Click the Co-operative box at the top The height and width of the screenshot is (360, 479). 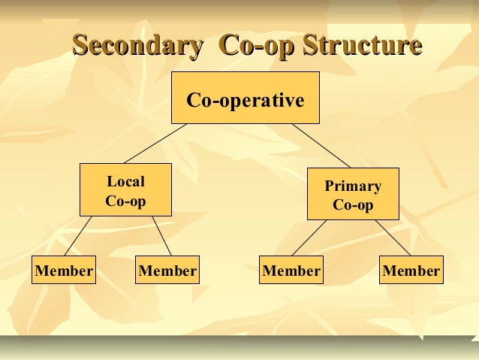pyautogui.click(x=246, y=98)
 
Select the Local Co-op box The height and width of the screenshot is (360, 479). pyautogui.click(x=125, y=189)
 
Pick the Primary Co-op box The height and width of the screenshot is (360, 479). pyautogui.click(x=353, y=194)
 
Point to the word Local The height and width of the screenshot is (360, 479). pyautogui.click(x=125, y=181)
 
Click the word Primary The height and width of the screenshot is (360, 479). pyautogui.click(x=353, y=186)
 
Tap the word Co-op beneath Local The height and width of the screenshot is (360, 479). pyautogui.click(x=125, y=201)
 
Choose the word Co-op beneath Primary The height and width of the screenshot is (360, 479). pyautogui.click(x=353, y=205)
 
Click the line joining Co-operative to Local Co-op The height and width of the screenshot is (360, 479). pyautogui.click(x=156, y=143)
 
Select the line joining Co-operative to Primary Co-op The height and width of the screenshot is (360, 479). pyautogui.click(x=321, y=145)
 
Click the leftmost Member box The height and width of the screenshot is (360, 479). pyautogui.click(x=64, y=271)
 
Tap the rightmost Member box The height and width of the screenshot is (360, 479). pyautogui.click(x=411, y=271)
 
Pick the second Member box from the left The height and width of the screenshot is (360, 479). pyautogui.click(x=168, y=271)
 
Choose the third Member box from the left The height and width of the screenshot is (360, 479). pyautogui.click(x=291, y=271)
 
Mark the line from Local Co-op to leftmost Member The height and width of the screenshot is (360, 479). pyautogui.click(x=78, y=236)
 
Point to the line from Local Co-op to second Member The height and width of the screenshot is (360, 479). pyautogui.click(x=161, y=236)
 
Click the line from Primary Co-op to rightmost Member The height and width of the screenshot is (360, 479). pyautogui.click(x=393, y=237)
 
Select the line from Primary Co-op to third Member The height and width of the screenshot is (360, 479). pyautogui.click(x=309, y=237)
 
